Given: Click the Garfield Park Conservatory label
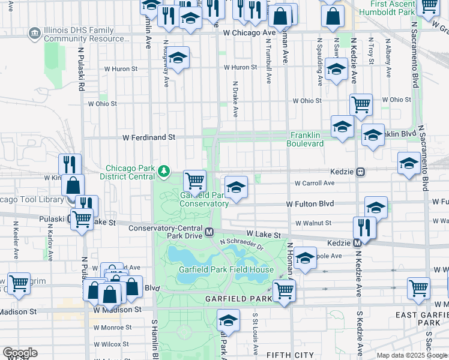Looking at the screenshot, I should coord(204,199).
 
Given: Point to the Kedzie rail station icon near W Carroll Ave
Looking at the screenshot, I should coord(361,171).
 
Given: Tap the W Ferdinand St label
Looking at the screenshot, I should coord(148,137).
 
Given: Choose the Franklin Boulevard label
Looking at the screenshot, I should coord(307,139).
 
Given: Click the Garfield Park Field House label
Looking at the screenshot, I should coord(226,269).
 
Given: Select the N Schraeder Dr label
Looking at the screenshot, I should coord(241,244).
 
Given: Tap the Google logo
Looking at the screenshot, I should coord(20,353).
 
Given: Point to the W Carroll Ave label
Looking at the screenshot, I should coord(313,184).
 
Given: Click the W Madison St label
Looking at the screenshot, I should coord(117,310).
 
